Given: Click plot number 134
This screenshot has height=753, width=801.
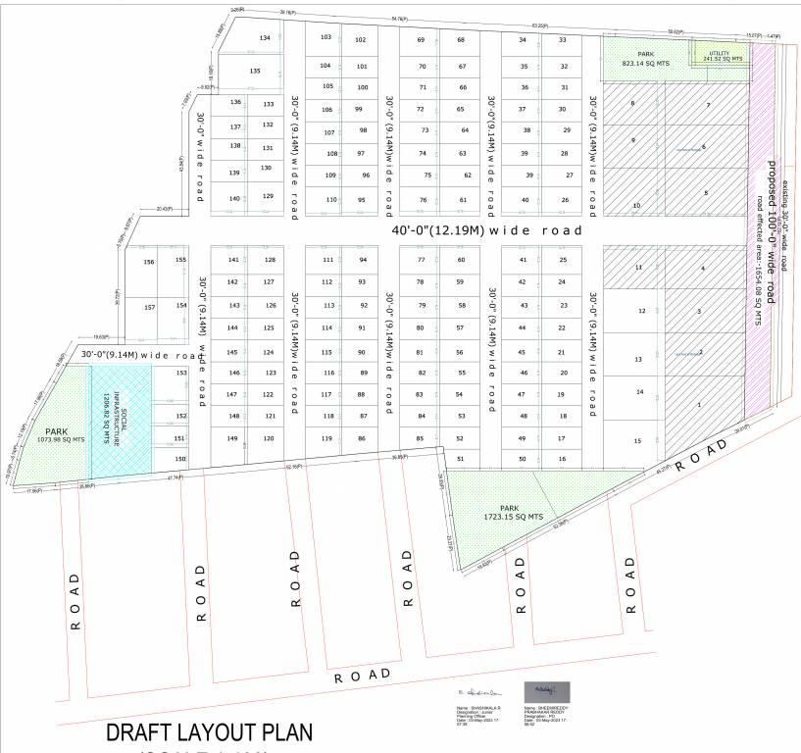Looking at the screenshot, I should pyautogui.click(x=264, y=37).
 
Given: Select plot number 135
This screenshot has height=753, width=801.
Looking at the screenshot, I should pyautogui.click(x=255, y=72).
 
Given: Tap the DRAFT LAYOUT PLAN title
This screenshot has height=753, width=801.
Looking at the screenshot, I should pyautogui.click(x=208, y=732).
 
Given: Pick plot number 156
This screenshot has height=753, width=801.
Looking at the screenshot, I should pyautogui.click(x=149, y=263).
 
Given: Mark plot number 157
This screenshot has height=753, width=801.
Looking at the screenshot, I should pyautogui.click(x=149, y=308).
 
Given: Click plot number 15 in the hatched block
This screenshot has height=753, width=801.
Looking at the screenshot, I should pyautogui.click(x=637, y=441).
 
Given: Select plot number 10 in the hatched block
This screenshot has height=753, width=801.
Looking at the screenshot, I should pyautogui.click(x=637, y=205).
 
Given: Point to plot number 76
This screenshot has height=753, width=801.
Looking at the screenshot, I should pyautogui.click(x=423, y=200).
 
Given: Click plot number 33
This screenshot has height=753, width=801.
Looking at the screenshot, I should pyautogui.click(x=563, y=39).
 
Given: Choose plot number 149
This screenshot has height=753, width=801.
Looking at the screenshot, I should pyautogui.click(x=232, y=437).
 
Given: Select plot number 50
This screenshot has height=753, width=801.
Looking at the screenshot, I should pyautogui.click(x=523, y=459).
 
